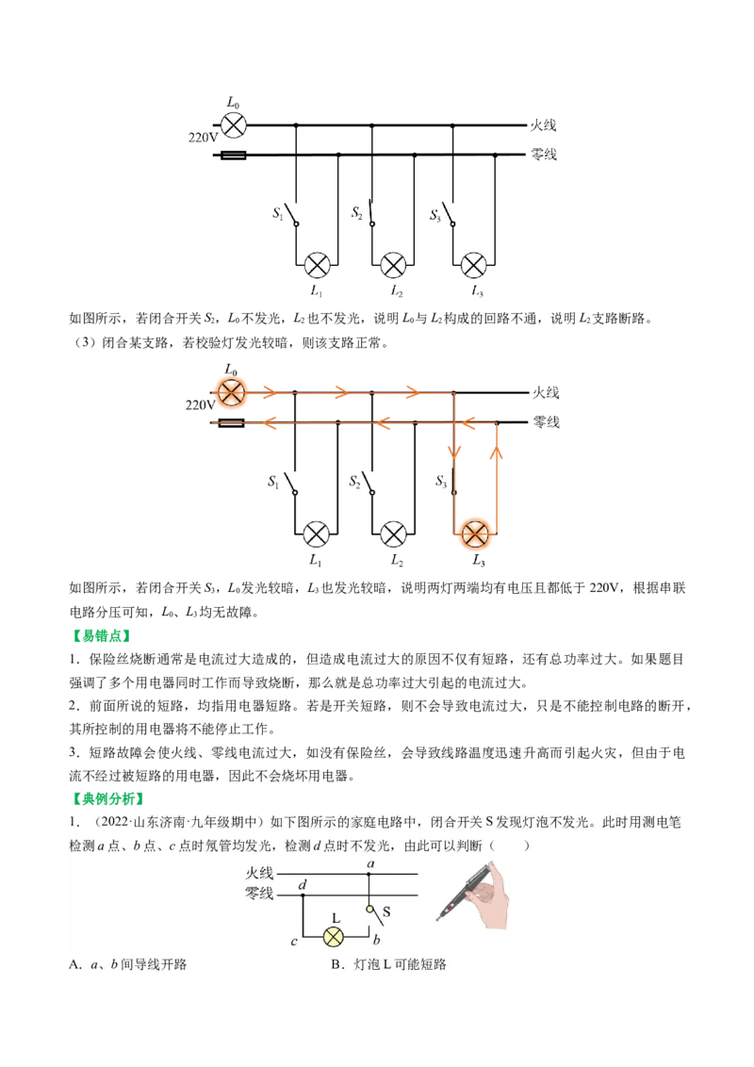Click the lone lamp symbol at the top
pos(233,125)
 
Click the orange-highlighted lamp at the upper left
pos(230,392)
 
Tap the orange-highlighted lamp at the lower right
pos(475,533)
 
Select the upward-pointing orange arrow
pos(498,452)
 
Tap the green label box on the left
pos(102,636)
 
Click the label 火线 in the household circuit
pos(259,873)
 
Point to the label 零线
pos(259,893)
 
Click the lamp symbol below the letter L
pos(333,936)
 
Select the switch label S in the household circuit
pos(386,912)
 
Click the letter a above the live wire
pos(370,862)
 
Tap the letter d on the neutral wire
pos(302,884)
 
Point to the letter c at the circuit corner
pos(294,941)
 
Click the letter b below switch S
pos(376,941)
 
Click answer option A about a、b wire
pos(128,964)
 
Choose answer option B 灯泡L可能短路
pos(388,964)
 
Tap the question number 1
pos(73,821)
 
